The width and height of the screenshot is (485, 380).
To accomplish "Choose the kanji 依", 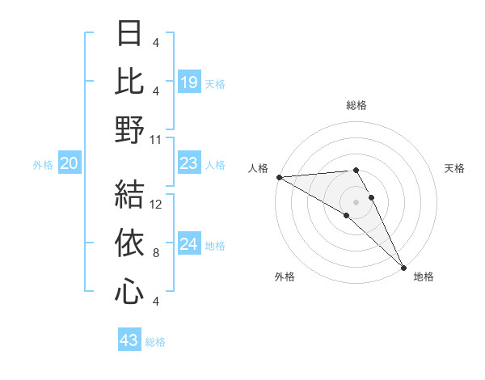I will pyautogui.click(x=129, y=243).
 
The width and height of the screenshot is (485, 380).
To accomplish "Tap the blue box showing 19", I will pyautogui.click(x=188, y=81).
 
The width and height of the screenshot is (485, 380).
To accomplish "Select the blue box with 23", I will pyautogui.click(x=188, y=164).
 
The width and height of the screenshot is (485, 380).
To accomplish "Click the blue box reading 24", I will pyautogui.click(x=188, y=245).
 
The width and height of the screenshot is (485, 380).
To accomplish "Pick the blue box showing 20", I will pyautogui.click(x=69, y=164).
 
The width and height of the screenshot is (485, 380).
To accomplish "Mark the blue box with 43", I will pyautogui.click(x=129, y=340).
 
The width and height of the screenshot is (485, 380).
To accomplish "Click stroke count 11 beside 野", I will pyautogui.click(x=156, y=139).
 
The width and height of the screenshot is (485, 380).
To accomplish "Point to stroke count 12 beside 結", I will pyautogui.click(x=156, y=204).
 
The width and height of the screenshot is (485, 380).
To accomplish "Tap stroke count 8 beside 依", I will pyautogui.click(x=156, y=253).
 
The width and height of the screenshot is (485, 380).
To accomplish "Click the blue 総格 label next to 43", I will pyautogui.click(x=155, y=341).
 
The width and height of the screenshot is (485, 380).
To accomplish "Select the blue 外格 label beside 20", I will pyautogui.click(x=43, y=165).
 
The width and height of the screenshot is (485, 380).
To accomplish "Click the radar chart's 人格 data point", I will pyautogui.click(x=279, y=177).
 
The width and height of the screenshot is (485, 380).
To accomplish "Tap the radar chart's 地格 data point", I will pyautogui.click(x=403, y=265).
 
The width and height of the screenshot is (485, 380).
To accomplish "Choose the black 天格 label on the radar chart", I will pyautogui.click(x=454, y=168).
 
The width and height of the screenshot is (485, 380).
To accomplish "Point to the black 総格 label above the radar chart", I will pyautogui.click(x=356, y=105).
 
